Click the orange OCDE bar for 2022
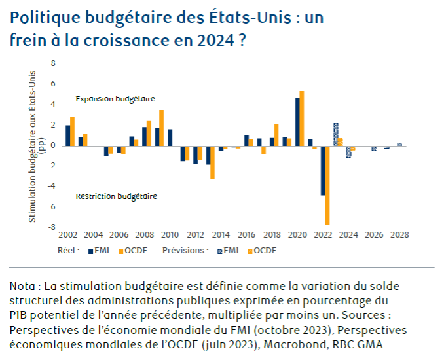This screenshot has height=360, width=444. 327,185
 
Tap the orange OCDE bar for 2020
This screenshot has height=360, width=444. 302,118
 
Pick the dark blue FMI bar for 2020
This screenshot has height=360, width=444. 297,122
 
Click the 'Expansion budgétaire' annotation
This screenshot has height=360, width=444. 115,99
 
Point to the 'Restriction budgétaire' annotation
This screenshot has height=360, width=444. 116,196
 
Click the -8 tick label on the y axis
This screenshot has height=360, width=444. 53,227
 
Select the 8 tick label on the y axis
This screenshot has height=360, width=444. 54,63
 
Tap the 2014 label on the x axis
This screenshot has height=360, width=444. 221,235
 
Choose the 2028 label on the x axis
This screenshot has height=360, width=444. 399,235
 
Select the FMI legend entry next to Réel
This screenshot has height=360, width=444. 98,250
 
